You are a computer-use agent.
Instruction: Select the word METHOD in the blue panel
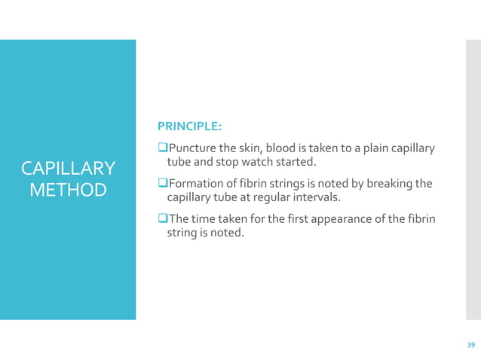click(68, 189)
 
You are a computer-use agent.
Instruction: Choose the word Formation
click(198, 183)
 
